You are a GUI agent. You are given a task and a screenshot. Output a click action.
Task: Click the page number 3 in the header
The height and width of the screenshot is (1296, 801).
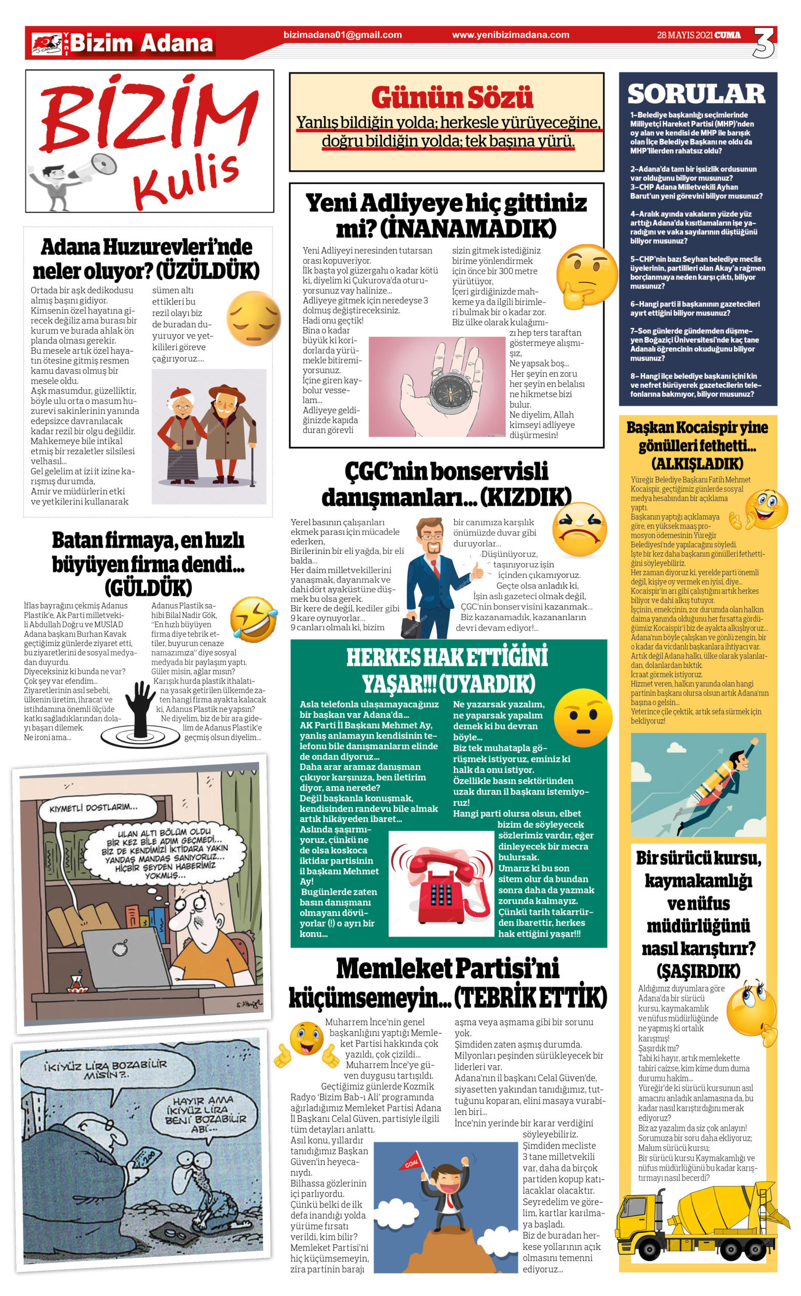tap(764, 43)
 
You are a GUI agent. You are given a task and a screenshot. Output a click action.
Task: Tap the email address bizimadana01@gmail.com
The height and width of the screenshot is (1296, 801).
tap(343, 35)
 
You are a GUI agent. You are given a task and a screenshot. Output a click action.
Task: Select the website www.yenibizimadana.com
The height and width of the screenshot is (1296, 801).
tap(511, 35)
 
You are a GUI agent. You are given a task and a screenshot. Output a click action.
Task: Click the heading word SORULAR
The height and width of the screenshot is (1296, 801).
tap(696, 94)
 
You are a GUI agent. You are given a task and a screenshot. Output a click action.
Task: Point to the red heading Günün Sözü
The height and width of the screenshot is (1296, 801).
tap(452, 97)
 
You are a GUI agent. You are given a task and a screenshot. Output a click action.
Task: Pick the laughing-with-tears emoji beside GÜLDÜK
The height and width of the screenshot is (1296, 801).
tap(254, 619)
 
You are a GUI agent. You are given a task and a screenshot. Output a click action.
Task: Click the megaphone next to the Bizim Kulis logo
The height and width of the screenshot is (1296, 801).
tap(99, 165)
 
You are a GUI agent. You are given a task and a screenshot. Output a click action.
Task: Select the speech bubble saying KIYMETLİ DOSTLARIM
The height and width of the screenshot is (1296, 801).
tap(93, 807)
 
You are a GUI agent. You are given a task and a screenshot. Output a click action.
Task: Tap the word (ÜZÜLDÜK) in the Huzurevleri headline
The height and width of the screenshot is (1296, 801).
tap(208, 271)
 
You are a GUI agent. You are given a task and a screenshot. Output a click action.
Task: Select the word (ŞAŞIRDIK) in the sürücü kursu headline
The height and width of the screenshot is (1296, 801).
tap(698, 971)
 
